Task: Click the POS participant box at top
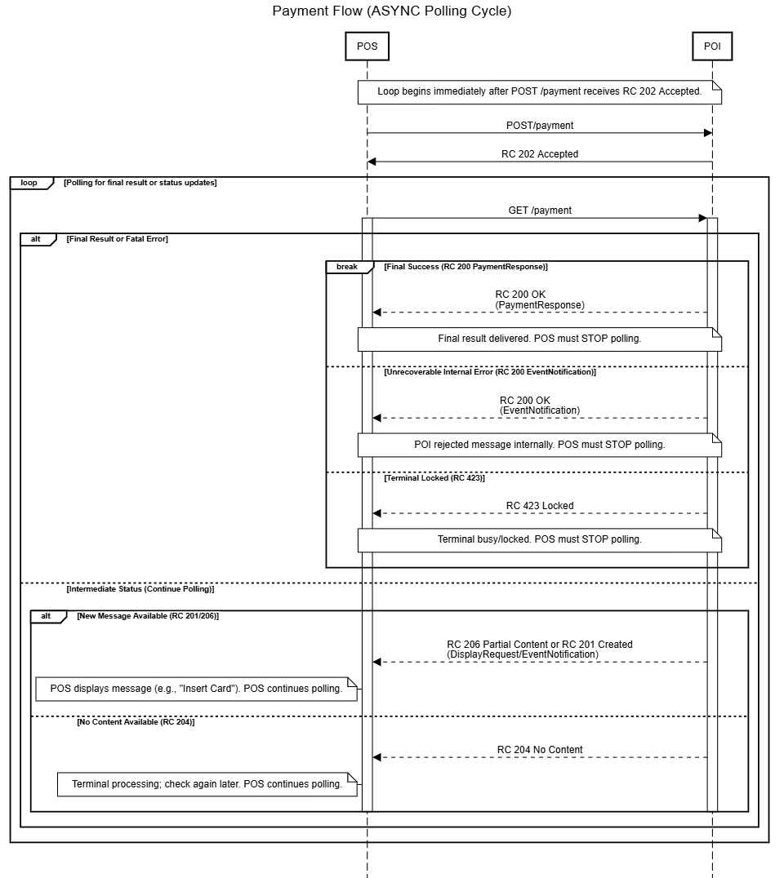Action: click(367, 47)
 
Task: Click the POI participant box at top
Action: click(712, 47)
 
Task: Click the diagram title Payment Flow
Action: click(392, 11)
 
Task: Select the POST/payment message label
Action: click(540, 126)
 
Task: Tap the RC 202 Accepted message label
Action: click(540, 154)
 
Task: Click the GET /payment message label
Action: click(540, 211)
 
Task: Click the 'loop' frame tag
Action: click(29, 183)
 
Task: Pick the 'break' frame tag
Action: click(347, 267)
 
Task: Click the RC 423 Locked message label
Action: click(540, 506)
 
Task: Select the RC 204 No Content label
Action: click(540, 750)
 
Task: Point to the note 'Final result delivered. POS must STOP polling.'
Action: click(539, 339)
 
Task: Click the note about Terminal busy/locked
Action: click(539, 539)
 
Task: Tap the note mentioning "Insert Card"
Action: click(196, 689)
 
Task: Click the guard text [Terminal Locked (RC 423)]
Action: click(434, 478)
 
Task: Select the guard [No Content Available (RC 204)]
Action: click(136, 722)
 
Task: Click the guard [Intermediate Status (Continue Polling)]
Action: click(140, 588)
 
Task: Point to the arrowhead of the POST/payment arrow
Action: click(707, 133)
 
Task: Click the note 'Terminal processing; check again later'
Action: click(207, 784)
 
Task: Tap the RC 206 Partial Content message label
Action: click(540, 645)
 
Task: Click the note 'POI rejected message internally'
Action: click(539, 445)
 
